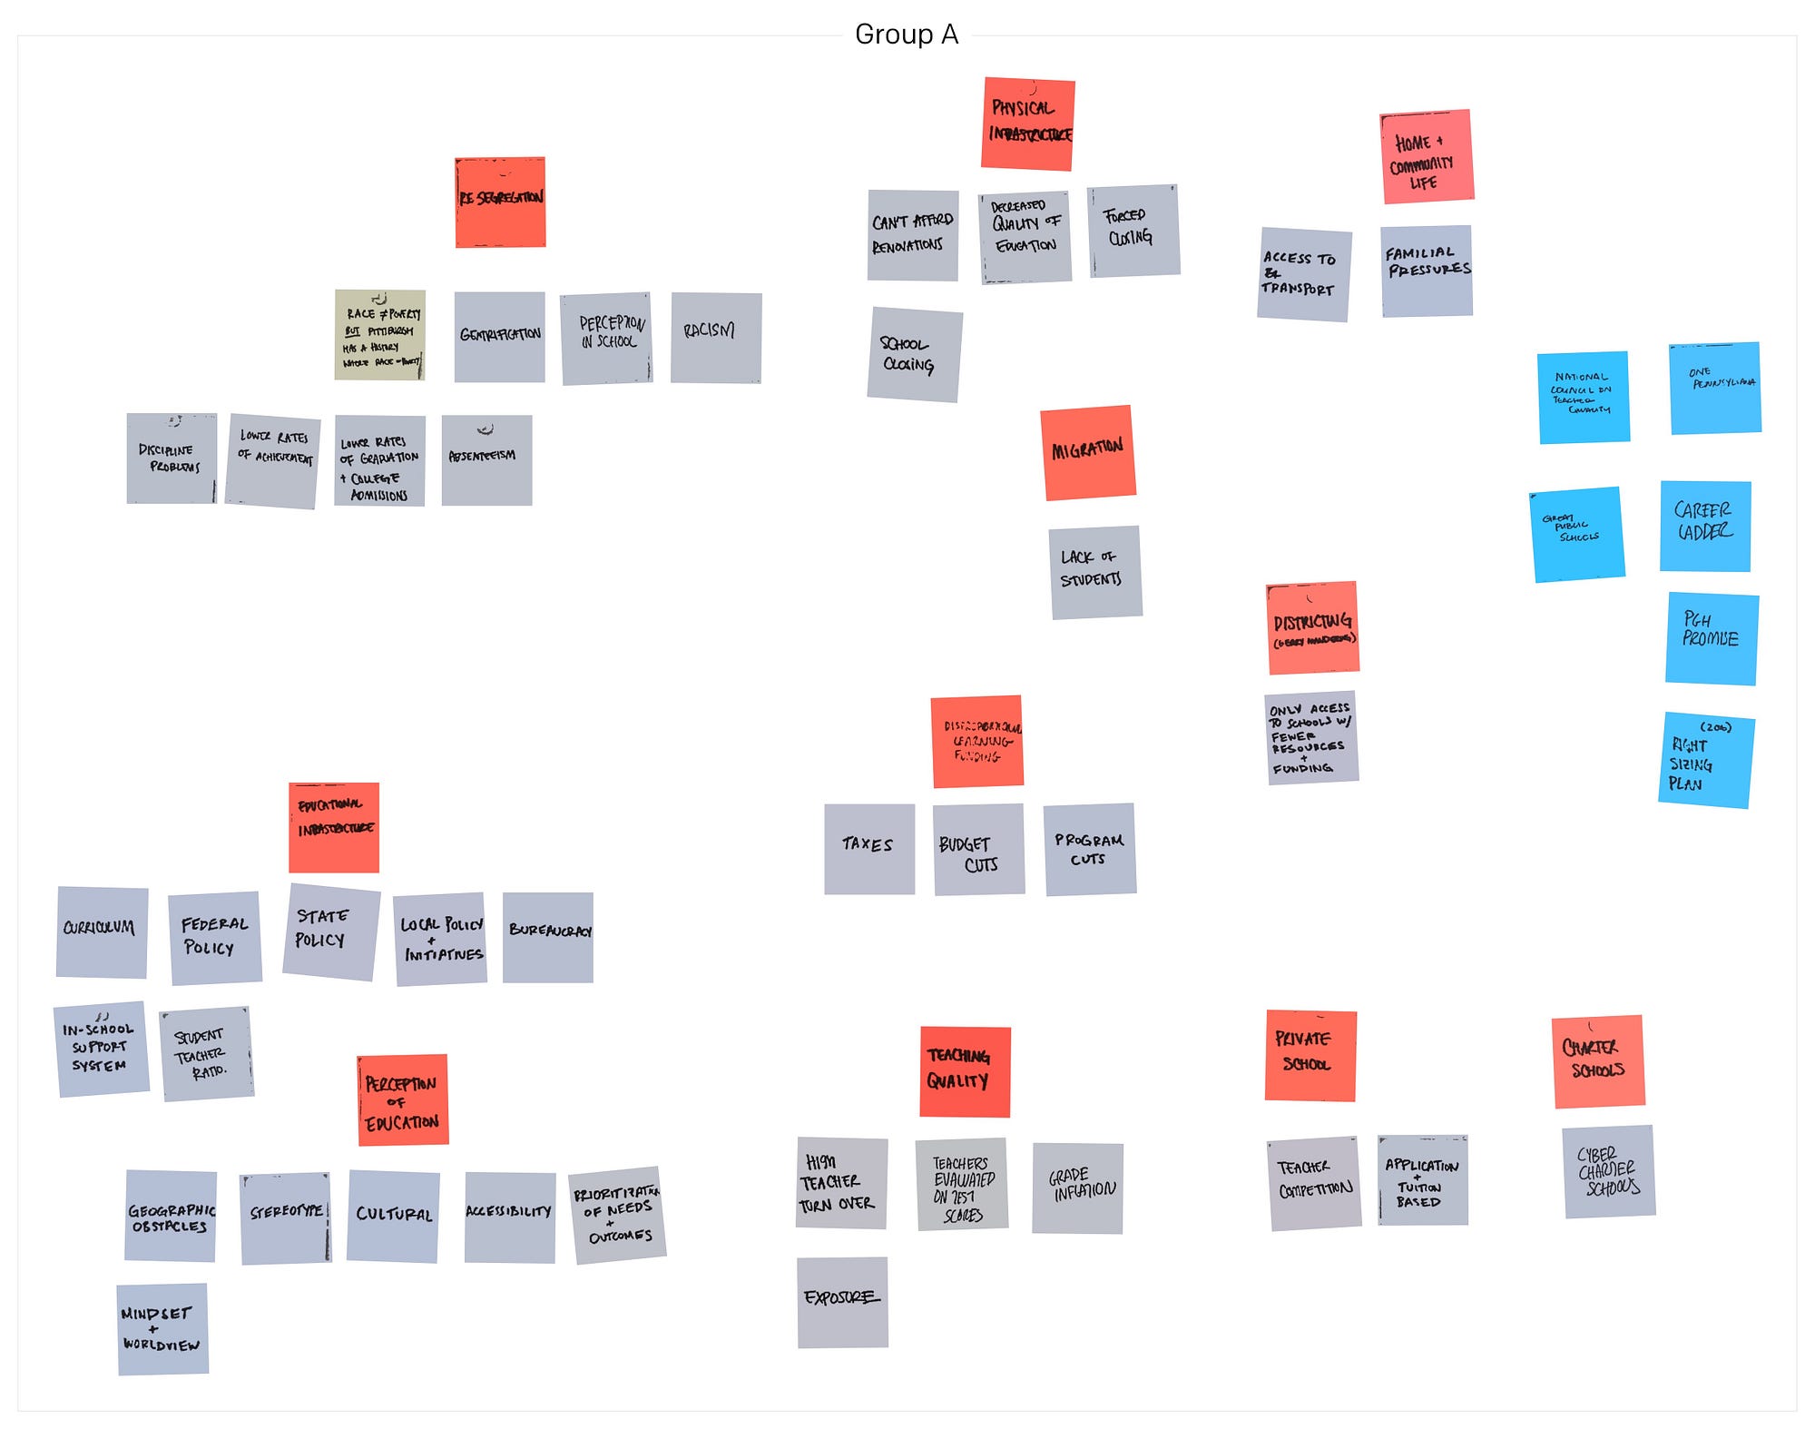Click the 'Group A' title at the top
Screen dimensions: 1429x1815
[906, 34]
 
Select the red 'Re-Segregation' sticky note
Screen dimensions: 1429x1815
[500, 202]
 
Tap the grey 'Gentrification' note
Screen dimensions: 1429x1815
[499, 336]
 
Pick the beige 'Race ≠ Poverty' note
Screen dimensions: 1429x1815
[380, 334]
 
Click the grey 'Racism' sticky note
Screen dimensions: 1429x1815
[715, 337]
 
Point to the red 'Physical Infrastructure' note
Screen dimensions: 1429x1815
[1027, 123]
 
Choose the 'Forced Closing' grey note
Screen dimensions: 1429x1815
[1133, 231]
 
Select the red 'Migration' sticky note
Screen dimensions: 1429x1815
[1087, 452]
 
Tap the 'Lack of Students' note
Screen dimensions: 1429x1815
[1094, 572]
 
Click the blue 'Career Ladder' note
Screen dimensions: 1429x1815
[1704, 526]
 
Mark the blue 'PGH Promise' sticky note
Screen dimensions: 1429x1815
[1711, 638]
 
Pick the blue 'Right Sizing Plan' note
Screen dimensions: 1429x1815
[1705, 760]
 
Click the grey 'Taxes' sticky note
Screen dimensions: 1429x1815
[868, 848]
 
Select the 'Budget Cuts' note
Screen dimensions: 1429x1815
[978, 849]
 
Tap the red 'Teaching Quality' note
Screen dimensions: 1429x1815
[964, 1071]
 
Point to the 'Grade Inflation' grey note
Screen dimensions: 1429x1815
[1077, 1188]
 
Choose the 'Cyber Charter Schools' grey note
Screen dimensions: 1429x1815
[1608, 1171]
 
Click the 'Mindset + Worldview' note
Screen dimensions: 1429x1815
[162, 1328]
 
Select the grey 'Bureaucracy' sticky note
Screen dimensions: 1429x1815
[547, 937]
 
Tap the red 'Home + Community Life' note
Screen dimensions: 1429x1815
[1426, 156]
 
